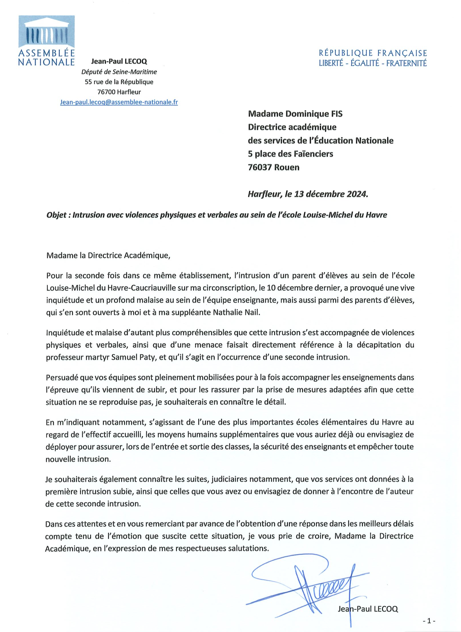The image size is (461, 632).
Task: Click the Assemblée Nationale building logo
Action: tap(47, 32)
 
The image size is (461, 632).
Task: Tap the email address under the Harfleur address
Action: tap(119, 102)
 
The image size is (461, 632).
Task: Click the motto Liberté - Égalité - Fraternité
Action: tap(373, 63)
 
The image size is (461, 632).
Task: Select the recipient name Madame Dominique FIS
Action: tap(295, 114)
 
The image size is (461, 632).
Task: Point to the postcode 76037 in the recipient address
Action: tap(260, 167)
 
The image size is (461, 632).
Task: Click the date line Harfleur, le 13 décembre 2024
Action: tap(308, 194)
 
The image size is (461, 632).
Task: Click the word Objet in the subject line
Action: tap(56, 215)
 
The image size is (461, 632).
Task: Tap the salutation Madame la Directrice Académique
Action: tap(108, 255)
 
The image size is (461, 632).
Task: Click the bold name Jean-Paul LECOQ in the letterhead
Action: tap(119, 61)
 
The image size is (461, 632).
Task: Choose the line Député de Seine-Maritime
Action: tap(119, 72)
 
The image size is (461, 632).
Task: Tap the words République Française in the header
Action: tap(373, 53)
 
